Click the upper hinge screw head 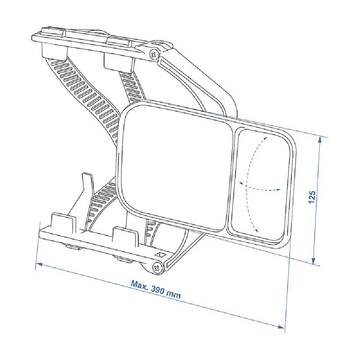pos(154,55)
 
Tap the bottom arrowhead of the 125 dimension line pos(314,260)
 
